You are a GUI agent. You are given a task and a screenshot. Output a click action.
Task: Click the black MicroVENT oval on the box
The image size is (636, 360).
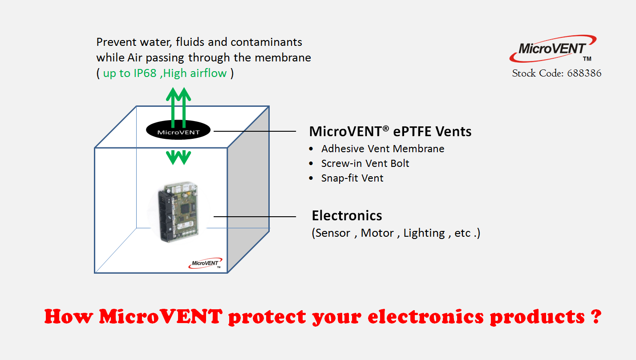[178, 130]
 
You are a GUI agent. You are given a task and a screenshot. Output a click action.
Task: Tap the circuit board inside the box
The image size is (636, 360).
[178, 212]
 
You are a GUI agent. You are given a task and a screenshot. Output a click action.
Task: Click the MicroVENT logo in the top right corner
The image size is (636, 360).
[552, 49]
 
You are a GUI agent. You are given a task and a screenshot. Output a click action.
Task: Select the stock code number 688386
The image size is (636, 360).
[584, 73]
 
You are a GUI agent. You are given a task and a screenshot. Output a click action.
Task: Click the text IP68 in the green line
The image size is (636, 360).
[145, 73]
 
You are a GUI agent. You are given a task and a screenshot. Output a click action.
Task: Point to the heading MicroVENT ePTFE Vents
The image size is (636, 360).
[390, 131]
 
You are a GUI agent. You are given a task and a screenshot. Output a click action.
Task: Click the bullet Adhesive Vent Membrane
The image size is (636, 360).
[383, 149]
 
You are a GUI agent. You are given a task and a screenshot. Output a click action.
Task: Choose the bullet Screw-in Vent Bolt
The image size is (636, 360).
[365, 163]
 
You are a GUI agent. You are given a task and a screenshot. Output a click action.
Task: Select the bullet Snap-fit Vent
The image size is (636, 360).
[352, 178]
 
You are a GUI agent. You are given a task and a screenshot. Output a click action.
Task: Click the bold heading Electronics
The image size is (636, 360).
[347, 215]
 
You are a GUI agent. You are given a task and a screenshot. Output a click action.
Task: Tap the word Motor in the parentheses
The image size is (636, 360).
[377, 233]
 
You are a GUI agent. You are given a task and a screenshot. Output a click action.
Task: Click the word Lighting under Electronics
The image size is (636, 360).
[424, 233]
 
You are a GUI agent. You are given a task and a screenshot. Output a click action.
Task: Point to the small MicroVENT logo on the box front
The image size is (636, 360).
[205, 263]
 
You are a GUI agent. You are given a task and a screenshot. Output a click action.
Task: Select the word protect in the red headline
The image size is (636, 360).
[267, 317]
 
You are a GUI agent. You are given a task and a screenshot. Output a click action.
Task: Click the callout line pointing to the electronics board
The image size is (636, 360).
[255, 217]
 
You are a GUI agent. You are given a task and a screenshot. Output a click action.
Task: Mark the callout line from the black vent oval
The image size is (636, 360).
[255, 131]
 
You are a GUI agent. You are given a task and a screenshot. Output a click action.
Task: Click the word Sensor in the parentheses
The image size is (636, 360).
[333, 233]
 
